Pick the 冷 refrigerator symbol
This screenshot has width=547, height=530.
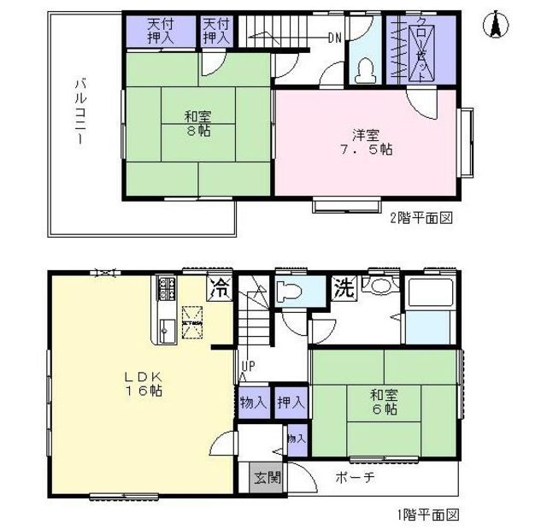tap(220, 287)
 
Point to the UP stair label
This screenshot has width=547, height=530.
tap(248, 368)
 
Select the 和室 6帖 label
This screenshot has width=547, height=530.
tap(382, 403)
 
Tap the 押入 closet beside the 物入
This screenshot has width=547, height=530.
tap(291, 403)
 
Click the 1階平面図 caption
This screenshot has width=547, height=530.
tap(427, 515)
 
